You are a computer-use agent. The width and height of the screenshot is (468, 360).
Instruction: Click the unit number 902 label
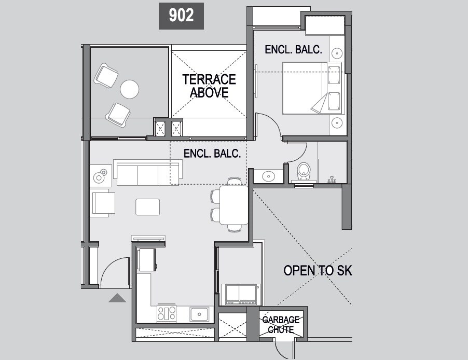click(181, 16)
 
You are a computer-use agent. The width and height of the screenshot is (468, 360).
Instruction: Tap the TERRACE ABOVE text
click(209, 86)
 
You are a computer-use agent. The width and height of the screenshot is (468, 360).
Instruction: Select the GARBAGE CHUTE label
click(281, 324)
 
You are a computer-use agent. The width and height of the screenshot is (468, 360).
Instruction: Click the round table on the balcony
click(130, 89)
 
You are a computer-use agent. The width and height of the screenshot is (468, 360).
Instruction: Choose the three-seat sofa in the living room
click(148, 173)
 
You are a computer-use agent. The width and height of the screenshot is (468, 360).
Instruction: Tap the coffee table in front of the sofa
click(147, 206)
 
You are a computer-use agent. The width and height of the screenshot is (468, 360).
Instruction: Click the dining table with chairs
click(233, 205)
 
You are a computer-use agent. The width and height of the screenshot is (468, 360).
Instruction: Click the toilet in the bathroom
click(303, 171)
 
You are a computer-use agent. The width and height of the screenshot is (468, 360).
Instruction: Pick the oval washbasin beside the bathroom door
click(268, 176)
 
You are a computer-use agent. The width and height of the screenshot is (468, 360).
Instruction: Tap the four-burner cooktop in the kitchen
click(167, 313)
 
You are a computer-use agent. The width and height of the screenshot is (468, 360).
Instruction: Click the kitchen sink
click(199, 313)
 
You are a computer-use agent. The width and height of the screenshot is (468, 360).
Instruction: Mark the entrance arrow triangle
click(118, 298)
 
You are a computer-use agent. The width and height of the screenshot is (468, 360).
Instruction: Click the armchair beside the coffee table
click(103, 202)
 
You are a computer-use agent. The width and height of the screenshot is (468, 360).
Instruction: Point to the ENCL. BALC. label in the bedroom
click(293, 50)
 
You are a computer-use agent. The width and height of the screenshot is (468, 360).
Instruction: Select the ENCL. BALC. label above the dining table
click(212, 154)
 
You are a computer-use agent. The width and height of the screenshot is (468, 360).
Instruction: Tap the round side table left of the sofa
click(99, 177)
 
